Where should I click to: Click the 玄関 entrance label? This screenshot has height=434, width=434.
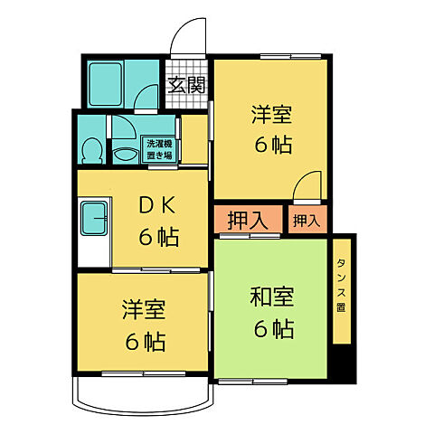187,86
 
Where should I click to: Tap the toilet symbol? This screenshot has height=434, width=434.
91,147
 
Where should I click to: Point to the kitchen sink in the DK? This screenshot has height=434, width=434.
93,218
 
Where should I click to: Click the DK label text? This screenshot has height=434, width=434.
157,206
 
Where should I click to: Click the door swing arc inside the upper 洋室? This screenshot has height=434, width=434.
307,183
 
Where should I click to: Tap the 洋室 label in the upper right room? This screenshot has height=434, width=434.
271,116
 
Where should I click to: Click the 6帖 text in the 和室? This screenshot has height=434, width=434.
272,329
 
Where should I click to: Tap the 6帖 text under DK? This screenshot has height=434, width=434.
157,239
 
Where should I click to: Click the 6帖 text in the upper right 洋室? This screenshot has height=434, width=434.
271,145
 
